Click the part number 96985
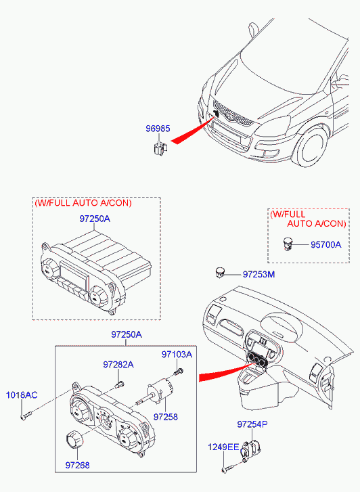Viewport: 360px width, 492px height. coord(158,129)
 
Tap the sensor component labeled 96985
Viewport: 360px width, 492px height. coord(160,148)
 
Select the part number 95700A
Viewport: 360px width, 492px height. coord(325,245)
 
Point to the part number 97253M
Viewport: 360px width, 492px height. coord(258,275)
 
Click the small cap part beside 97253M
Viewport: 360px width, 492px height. coord(220,272)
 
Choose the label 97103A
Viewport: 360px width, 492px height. coord(177,355)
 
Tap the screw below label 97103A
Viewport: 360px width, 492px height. coord(178,372)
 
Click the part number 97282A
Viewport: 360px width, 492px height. coord(118,365)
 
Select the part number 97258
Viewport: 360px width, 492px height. coord(165,417)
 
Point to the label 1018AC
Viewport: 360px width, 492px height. coord(22,395)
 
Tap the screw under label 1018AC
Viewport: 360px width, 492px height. coord(26,416)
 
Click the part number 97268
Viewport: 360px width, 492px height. coord(78,466)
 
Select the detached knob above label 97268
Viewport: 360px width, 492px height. coord(74,439)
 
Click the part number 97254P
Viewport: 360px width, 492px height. coord(252,424)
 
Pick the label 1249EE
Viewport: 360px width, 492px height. coord(223,447)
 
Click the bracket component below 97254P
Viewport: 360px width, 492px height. coord(250,449)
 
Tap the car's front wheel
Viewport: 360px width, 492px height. coord(311,147)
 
